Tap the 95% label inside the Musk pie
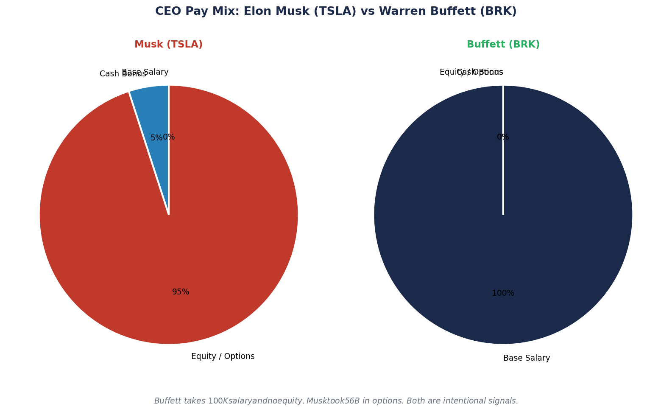click(x=181, y=292)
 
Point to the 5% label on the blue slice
click(x=156, y=138)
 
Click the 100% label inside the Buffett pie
click(x=503, y=293)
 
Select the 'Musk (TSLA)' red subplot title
click(x=168, y=45)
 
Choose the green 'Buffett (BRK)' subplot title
click(x=503, y=45)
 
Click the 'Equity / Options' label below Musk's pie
click(x=223, y=356)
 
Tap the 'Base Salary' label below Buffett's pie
click(x=526, y=358)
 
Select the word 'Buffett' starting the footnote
click(x=168, y=401)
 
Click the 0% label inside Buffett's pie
click(x=503, y=137)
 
